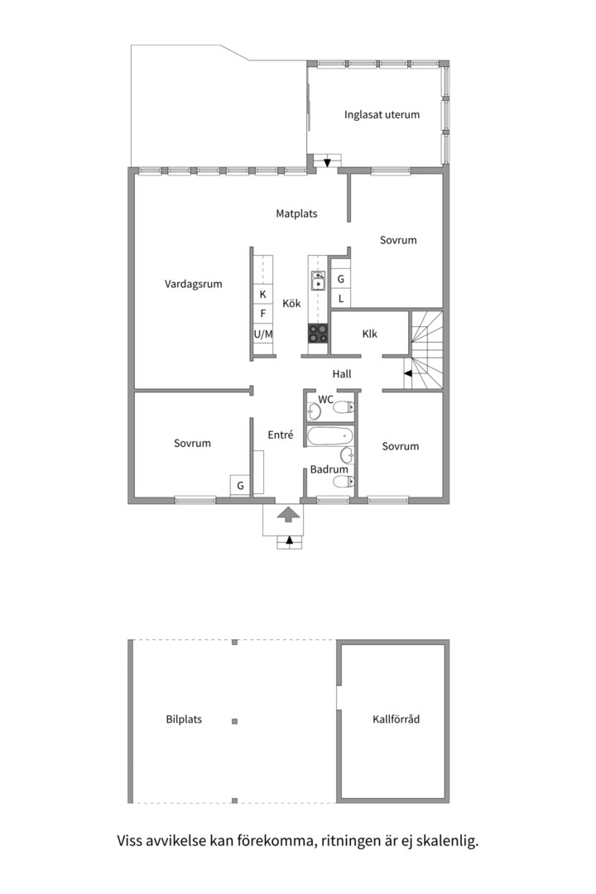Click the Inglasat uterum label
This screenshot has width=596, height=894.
(382, 114)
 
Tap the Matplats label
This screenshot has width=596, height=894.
(296, 214)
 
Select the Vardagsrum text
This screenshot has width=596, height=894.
(194, 284)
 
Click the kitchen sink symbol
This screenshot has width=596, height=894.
(318, 281)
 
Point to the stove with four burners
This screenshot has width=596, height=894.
(318, 333)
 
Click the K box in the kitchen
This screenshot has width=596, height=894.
(263, 294)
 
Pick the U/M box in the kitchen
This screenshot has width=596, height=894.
(263, 334)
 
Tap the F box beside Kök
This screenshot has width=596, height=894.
(263, 314)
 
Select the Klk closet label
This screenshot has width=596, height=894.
(369, 334)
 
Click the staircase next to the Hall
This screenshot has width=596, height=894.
(426, 350)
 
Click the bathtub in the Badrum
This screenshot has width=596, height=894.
(330, 437)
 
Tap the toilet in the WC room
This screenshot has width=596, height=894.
(344, 407)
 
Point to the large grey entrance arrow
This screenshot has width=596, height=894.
(289, 514)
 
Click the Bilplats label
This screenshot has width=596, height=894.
(184, 719)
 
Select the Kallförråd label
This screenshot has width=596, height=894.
(396, 719)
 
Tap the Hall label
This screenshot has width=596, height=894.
(342, 374)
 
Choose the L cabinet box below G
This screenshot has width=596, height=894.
(341, 298)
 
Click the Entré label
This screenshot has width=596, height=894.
(281, 435)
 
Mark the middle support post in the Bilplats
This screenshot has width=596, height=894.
(234, 721)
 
